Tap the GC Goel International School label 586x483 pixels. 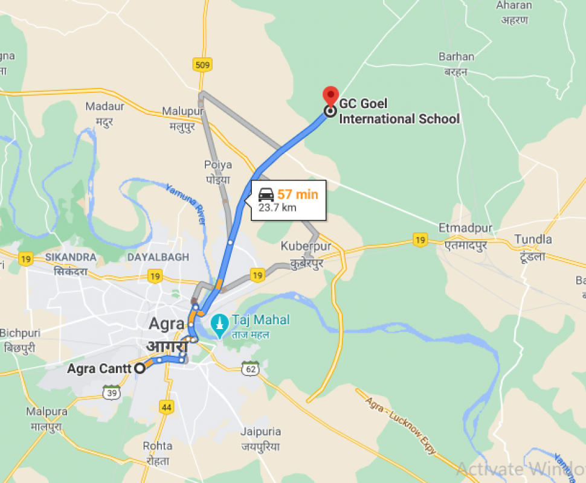click(399, 112)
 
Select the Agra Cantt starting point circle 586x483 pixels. click(140, 368)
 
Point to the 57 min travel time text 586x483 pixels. click(297, 194)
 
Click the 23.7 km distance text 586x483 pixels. click(277, 208)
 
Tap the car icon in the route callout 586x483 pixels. click(266, 194)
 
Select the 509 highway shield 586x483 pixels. click(202, 63)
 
